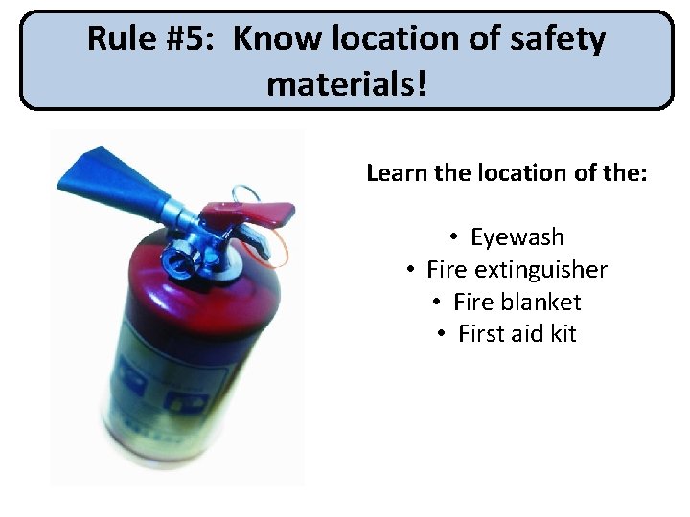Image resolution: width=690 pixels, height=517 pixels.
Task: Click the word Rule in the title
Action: click(x=121, y=39)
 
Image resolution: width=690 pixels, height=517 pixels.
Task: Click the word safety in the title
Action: click(x=558, y=39)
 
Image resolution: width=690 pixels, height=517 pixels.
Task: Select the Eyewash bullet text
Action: click(x=517, y=237)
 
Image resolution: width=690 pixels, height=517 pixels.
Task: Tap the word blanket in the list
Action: click(x=542, y=303)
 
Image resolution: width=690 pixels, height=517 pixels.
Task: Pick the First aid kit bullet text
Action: click(x=517, y=334)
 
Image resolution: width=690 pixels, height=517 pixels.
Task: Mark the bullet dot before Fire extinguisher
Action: click(x=408, y=270)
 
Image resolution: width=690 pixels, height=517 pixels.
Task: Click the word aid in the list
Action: click(x=526, y=334)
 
